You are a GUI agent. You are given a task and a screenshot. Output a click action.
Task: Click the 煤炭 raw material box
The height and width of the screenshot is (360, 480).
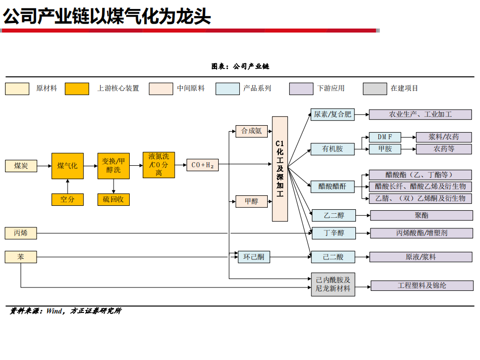tap(21, 166)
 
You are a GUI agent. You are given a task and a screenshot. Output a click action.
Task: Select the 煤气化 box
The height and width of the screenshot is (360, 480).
tap(67, 166)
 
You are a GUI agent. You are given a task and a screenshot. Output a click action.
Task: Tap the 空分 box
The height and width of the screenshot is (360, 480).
tap(67, 199)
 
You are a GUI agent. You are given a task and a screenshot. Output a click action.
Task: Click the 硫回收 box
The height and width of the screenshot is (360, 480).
tap(113, 199)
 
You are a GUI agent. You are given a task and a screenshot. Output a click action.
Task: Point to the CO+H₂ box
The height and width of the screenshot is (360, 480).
tap(203, 165)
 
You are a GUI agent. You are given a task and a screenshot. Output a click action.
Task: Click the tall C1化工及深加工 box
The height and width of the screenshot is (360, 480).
tap(280, 169)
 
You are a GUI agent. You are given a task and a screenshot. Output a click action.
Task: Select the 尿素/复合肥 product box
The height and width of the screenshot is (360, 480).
tap(332, 115)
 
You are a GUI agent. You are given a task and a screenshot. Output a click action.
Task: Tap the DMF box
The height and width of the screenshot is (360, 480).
tap(384, 137)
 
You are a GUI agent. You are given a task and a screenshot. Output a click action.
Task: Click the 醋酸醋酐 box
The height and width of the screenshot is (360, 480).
tap(333, 187)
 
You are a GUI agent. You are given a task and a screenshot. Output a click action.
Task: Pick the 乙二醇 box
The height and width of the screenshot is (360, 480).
tap(333, 216)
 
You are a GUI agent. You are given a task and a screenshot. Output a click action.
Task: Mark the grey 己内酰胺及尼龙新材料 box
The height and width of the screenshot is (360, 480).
tap(333, 284)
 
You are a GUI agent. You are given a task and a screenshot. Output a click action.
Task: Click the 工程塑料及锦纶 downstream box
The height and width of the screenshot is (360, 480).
tap(421, 285)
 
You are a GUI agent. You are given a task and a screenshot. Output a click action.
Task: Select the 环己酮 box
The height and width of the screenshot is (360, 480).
tap(253, 257)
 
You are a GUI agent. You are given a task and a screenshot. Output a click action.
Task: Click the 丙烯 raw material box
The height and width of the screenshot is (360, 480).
tap(21, 233)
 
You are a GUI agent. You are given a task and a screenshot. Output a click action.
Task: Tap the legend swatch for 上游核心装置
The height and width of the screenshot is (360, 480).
tap(77, 89)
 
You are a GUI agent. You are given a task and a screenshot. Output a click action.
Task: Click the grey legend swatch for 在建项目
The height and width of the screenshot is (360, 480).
tap(374, 89)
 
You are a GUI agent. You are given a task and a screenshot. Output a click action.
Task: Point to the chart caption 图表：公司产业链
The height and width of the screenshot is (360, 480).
tap(240, 66)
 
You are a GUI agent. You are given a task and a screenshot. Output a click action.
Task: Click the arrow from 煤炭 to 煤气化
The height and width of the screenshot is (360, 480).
tap(44, 166)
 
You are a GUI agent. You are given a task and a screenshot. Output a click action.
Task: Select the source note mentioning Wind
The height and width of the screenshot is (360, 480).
tap(65, 311)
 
